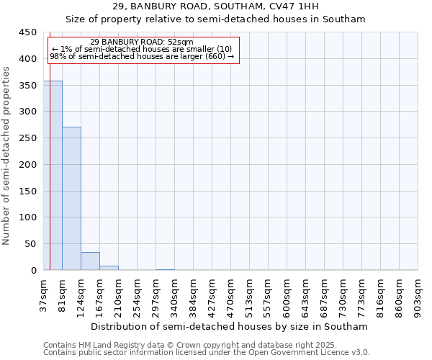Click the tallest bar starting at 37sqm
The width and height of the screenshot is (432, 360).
click(53, 176)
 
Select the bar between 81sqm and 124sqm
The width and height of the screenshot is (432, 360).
click(71, 199)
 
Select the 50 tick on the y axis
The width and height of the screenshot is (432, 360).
click(31, 244)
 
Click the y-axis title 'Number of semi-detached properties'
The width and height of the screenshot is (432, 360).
click(7, 156)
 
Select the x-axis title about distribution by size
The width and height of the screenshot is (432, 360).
click(230, 326)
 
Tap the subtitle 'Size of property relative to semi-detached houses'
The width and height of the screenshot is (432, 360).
click(216, 19)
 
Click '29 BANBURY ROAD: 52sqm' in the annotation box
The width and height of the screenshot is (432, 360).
click(142, 42)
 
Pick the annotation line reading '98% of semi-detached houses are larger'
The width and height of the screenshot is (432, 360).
click(142, 56)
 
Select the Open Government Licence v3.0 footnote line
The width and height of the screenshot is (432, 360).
click(207, 353)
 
